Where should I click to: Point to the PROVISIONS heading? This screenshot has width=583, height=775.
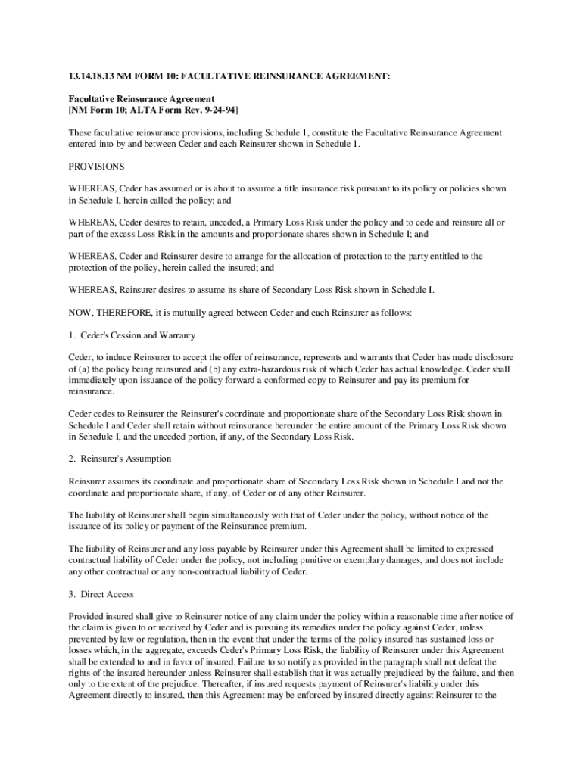point(97,166)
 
